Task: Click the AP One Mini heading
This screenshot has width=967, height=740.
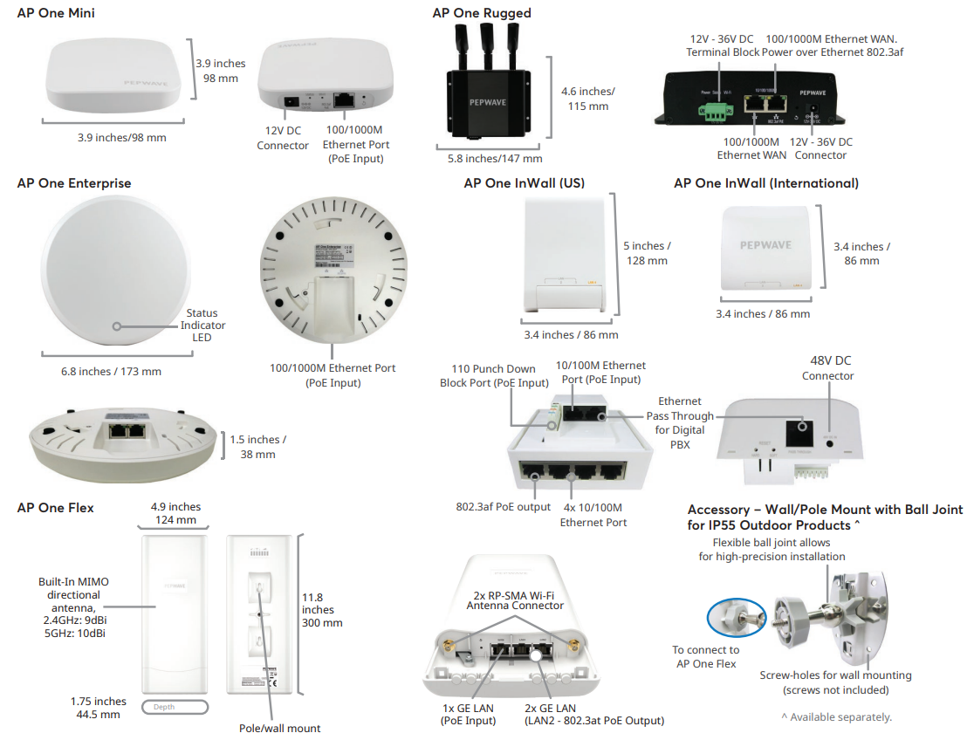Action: (56, 13)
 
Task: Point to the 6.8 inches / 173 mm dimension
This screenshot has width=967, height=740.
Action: (111, 372)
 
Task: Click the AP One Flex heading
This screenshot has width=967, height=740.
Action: (55, 508)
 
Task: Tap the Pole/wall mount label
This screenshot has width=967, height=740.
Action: (279, 728)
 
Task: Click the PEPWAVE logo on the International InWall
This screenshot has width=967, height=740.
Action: (765, 245)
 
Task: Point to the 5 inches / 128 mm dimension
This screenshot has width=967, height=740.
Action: (647, 253)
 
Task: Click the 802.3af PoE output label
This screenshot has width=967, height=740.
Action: (504, 507)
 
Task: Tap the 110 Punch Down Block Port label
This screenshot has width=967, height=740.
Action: (494, 376)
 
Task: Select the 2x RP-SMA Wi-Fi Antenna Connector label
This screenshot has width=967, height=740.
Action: (515, 599)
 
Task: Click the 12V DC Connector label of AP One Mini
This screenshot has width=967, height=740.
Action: (283, 138)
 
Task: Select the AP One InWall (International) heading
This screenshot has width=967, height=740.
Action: (766, 183)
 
